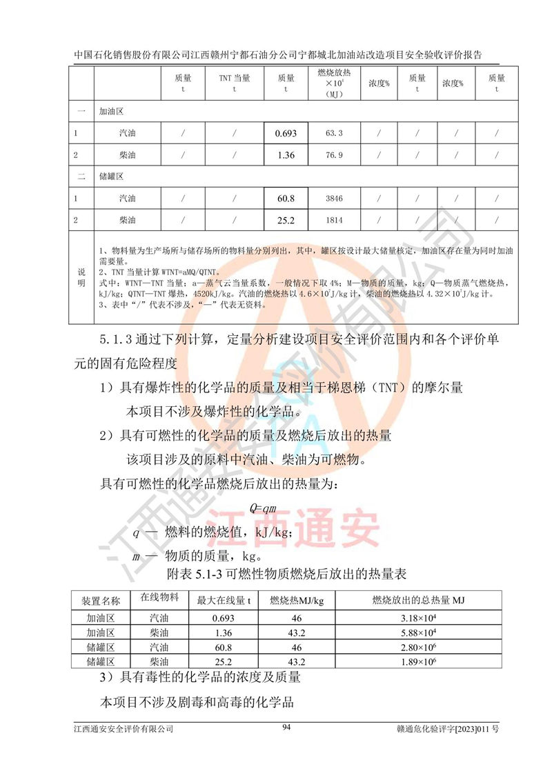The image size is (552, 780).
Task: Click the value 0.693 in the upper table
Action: [x=286, y=133]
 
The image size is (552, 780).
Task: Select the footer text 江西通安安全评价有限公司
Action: [x=124, y=728]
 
